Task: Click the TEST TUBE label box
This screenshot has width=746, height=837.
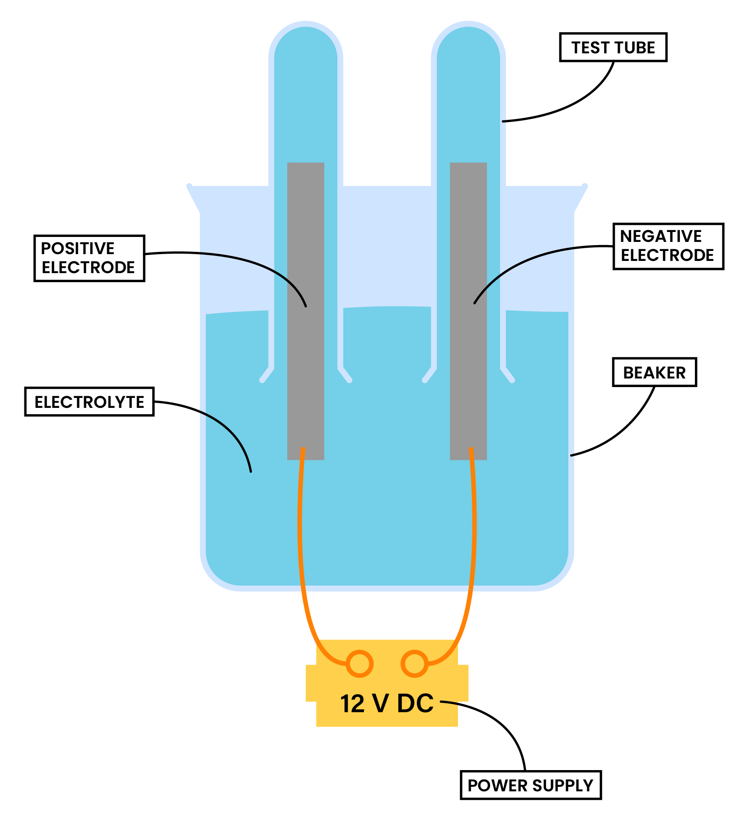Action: tap(613, 47)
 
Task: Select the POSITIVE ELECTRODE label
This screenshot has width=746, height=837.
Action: tap(89, 258)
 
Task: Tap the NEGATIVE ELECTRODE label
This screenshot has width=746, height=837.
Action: tap(668, 246)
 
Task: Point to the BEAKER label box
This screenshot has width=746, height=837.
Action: tap(654, 372)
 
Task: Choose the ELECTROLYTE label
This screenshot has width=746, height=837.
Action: tap(89, 402)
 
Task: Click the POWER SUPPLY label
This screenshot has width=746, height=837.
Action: tap(530, 785)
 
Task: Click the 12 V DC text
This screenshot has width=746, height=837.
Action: tap(387, 704)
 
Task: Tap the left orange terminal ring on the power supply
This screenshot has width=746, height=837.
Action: tap(359, 664)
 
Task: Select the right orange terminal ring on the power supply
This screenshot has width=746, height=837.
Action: tap(415, 664)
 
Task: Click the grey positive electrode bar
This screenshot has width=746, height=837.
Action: tap(306, 362)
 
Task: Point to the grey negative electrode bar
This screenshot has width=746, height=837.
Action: tap(468, 362)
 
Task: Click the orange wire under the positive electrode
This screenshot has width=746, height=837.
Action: tap(300, 543)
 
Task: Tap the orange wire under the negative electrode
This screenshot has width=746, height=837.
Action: tap(474, 543)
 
